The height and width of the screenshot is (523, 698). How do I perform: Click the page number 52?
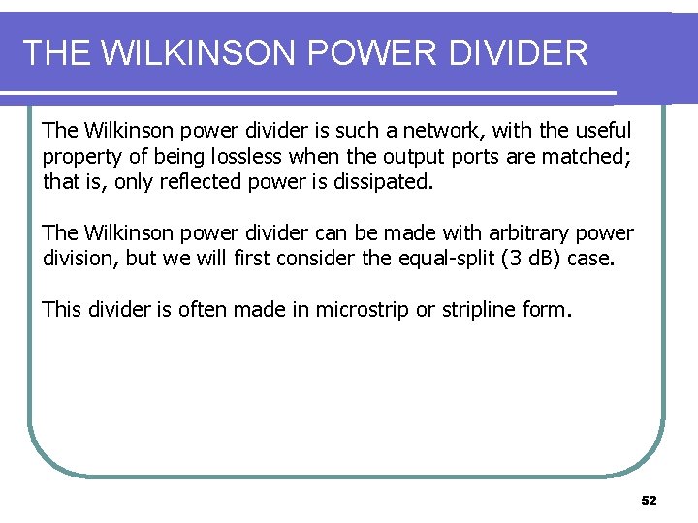tap(649, 501)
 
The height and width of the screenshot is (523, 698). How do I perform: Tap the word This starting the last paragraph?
tap(62, 311)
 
